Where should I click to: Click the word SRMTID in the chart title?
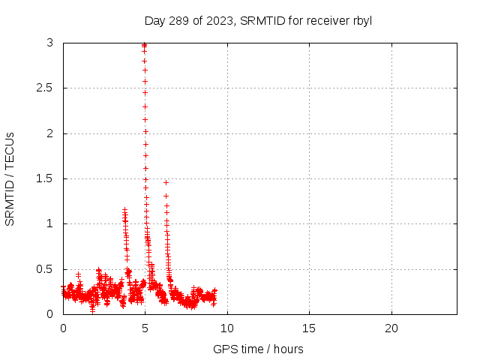[x=260, y=20]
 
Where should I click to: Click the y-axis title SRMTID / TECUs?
[x=10, y=178]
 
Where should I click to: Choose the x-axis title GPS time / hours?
[x=258, y=349]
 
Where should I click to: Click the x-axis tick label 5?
[x=145, y=328]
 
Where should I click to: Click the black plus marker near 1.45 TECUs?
[x=166, y=182]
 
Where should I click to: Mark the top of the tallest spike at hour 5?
[x=144, y=45]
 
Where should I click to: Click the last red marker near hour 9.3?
[x=215, y=290]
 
